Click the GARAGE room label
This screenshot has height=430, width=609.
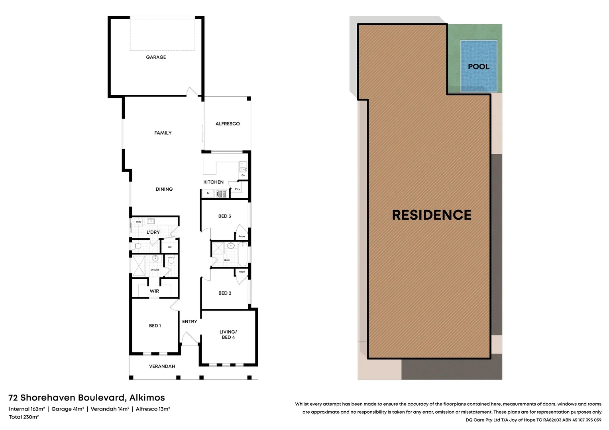156,57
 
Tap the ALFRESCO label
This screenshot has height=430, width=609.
228,124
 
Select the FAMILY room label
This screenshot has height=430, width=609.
163,133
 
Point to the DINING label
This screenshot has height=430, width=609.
164,190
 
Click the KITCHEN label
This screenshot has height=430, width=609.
213,182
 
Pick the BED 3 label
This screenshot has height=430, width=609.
224,216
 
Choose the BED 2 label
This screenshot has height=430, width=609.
225,293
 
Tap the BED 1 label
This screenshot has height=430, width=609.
155,326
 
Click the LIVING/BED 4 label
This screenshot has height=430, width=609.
228,334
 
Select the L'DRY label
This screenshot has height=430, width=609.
153,233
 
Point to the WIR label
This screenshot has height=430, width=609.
154,291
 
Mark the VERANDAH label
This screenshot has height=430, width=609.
162,366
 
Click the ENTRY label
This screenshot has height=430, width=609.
189,322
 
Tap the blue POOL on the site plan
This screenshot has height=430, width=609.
479,66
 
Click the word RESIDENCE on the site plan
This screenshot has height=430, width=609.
432,215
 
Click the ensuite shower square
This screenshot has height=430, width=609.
139,266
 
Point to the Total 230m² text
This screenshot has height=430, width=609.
24,417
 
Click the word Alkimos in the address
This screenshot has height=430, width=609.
147,398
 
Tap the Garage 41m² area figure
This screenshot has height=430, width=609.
67,409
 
